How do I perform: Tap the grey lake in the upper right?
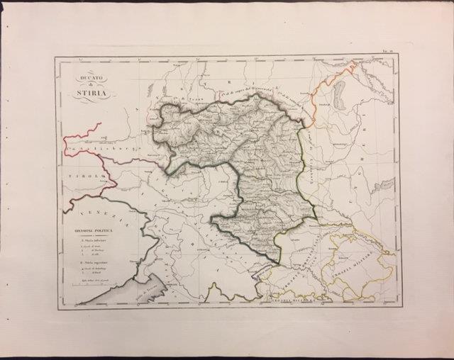[340, 93]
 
